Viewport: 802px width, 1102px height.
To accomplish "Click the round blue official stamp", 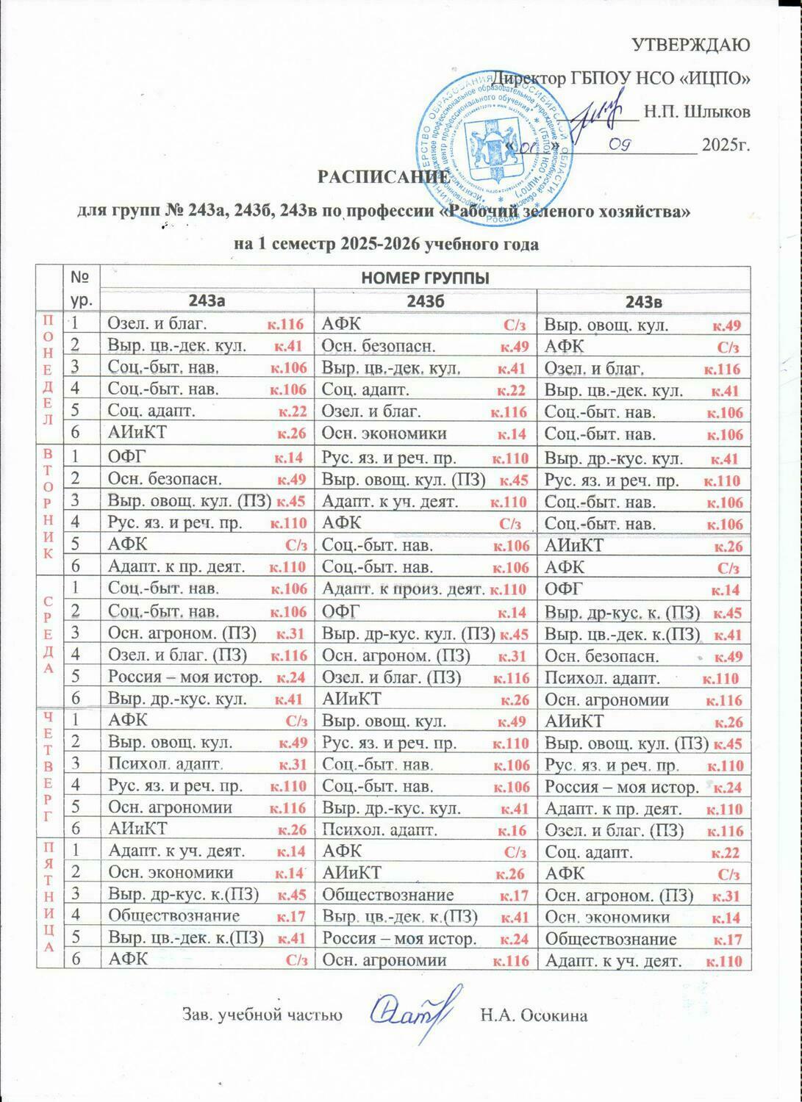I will click(492, 139).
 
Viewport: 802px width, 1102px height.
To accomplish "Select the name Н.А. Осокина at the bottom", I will click(533, 1016).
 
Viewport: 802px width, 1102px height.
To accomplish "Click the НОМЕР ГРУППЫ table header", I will click(424, 278).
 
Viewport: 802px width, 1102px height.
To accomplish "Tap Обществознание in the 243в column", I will click(640, 939).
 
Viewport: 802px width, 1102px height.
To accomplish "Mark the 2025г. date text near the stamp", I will click(726, 144).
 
